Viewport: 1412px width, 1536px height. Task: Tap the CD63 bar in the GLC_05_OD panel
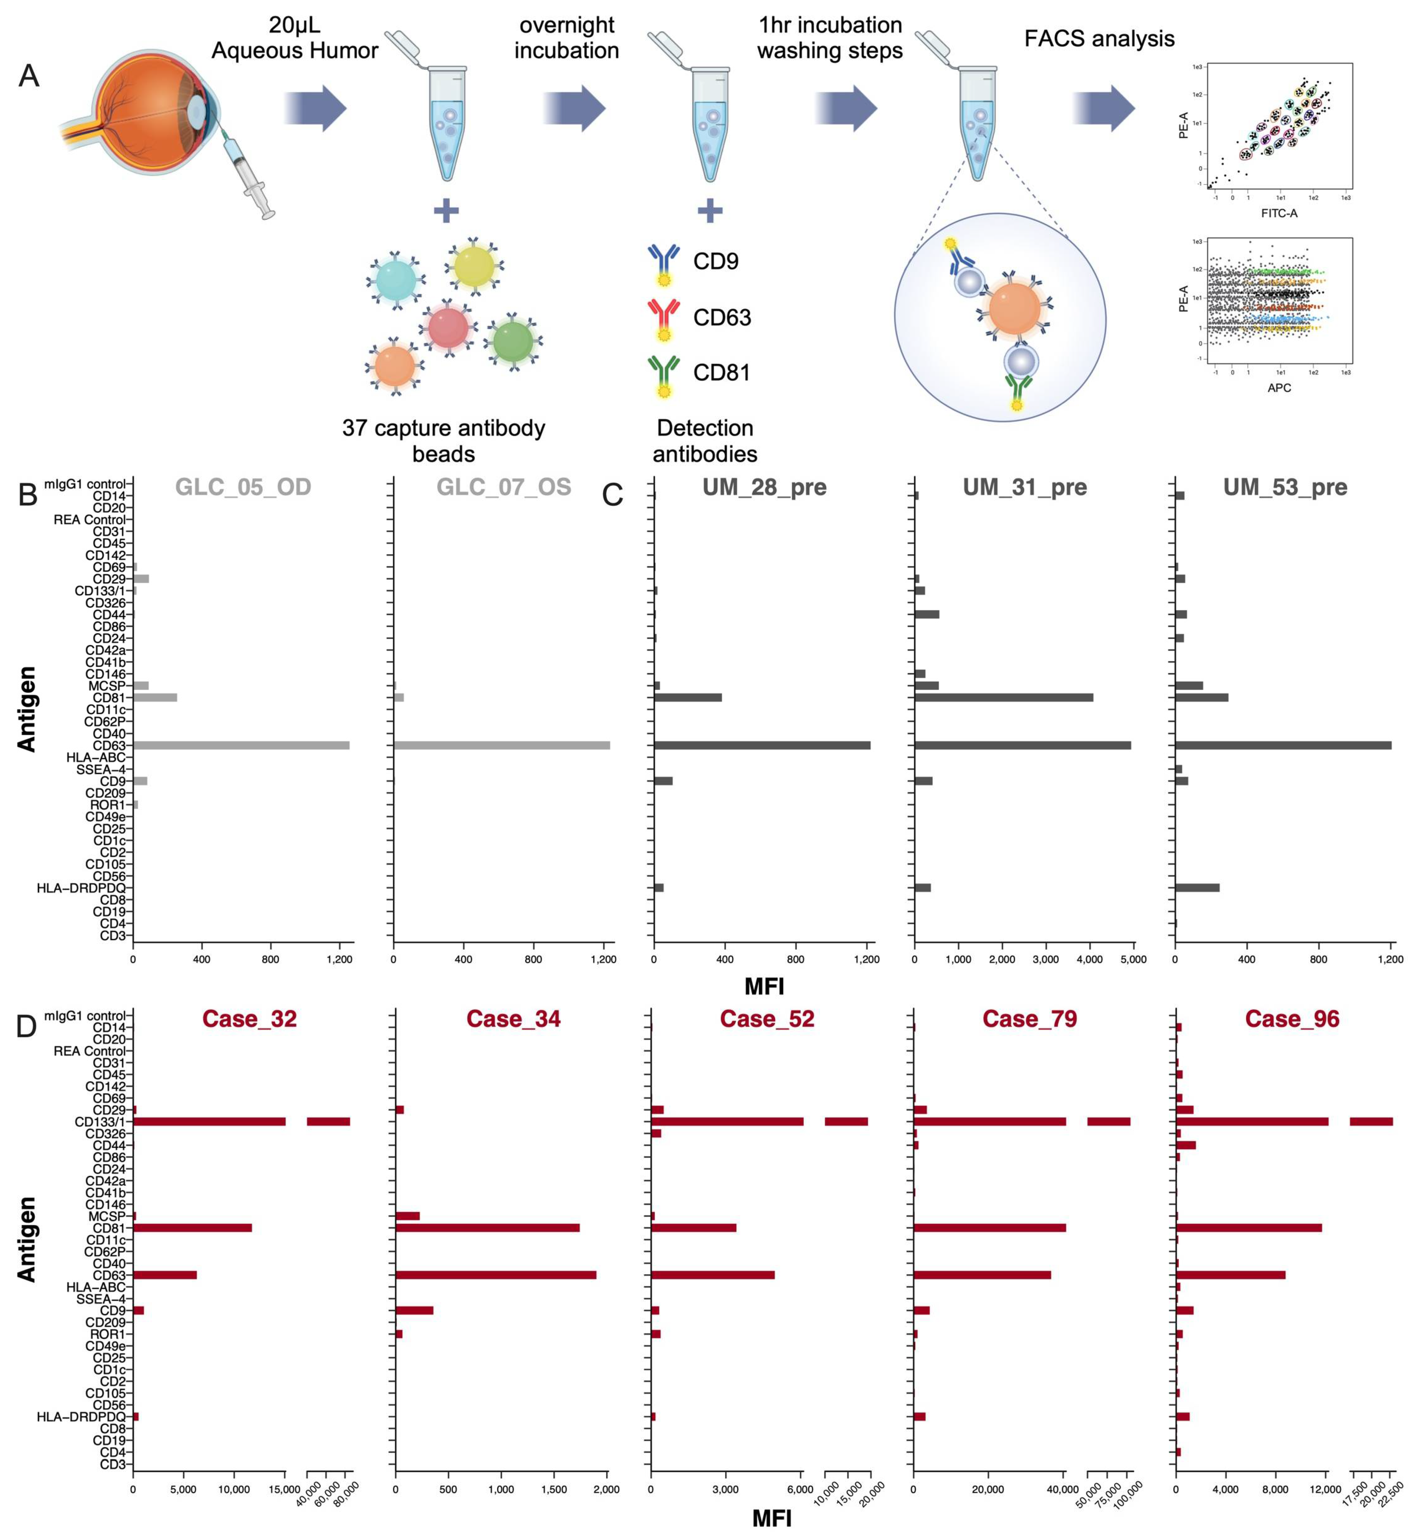(x=241, y=745)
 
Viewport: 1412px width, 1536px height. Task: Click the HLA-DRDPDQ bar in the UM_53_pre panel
(x=1196, y=887)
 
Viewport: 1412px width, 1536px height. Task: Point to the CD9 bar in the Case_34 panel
(x=414, y=1310)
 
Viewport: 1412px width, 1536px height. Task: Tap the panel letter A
(x=28, y=76)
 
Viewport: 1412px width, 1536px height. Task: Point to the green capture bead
(x=513, y=342)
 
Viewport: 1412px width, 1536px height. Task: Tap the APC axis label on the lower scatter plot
(x=1279, y=387)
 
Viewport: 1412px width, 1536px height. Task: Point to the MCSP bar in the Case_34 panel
(x=407, y=1215)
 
